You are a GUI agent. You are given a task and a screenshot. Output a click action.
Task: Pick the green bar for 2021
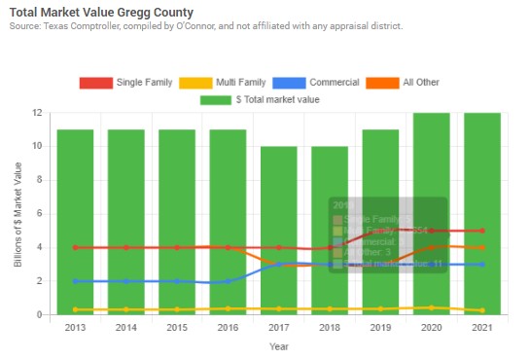(x=482, y=214)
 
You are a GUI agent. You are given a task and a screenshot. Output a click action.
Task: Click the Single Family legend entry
(x=125, y=82)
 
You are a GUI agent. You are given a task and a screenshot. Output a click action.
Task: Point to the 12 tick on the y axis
(x=36, y=113)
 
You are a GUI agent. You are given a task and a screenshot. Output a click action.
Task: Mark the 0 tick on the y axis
(x=39, y=315)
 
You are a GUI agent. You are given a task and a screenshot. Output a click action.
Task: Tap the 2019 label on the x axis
(x=380, y=328)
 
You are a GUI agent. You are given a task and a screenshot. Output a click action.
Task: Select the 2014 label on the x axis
(x=125, y=328)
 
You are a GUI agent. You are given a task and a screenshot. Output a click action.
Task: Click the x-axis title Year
(x=278, y=346)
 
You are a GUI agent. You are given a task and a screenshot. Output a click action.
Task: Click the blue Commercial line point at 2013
(x=75, y=281)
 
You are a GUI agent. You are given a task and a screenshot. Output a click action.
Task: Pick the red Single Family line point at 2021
(x=482, y=231)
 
